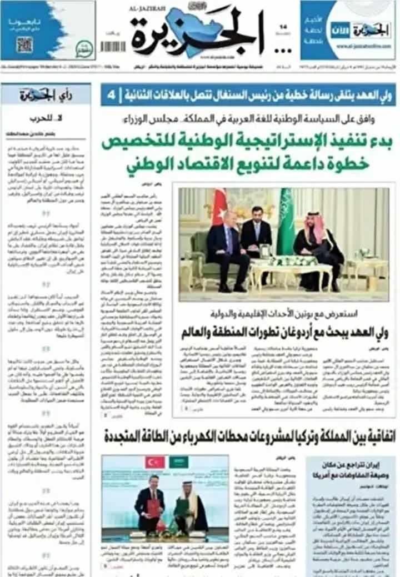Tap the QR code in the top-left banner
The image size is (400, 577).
tap(24, 44)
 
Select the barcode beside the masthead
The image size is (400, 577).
tap(112, 47)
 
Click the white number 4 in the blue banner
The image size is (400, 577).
tap(112, 95)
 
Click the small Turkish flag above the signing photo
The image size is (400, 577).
tap(154, 462)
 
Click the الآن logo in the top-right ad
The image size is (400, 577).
tap(341, 29)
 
